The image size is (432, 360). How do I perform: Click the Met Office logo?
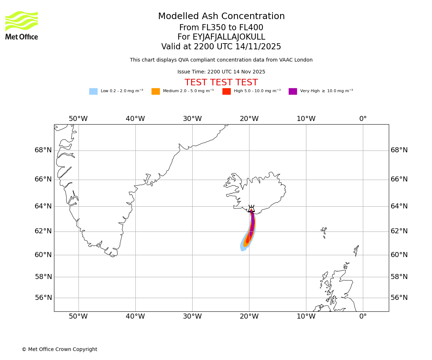(22, 25)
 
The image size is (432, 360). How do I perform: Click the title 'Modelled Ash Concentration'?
(221, 17)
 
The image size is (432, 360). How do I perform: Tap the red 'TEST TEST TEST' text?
(221, 82)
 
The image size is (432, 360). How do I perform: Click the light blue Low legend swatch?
(93, 91)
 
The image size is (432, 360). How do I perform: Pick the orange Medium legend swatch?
(156, 91)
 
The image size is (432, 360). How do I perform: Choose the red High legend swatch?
(226, 91)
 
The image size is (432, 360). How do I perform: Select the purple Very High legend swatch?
(293, 91)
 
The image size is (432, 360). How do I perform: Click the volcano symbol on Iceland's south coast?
(251, 208)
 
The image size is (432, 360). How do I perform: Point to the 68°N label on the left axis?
(43, 150)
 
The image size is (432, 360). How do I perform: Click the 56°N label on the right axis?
(399, 298)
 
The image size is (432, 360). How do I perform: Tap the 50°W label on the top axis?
(78, 119)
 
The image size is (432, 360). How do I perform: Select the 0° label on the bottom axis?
(363, 316)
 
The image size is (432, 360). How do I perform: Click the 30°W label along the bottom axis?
(192, 316)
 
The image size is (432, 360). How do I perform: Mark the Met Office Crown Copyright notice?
(59, 350)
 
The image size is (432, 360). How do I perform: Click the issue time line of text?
(221, 72)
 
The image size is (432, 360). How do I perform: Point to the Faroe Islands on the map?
(324, 232)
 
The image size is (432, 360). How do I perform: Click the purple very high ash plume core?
(252, 223)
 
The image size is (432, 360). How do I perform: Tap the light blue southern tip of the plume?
(243, 248)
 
